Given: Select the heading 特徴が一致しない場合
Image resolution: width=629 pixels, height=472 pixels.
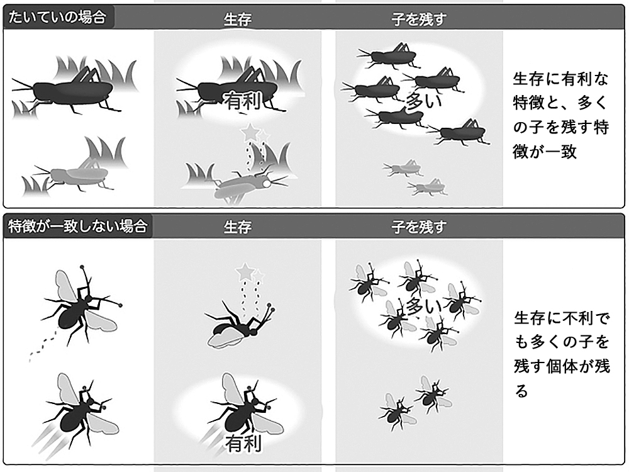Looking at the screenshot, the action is click(x=77, y=226).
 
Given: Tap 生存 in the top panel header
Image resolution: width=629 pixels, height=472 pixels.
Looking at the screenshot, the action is click(x=238, y=19).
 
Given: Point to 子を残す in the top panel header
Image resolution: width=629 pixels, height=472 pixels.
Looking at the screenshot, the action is click(x=419, y=19).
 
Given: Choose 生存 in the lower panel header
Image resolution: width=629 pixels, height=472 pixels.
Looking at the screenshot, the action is click(x=238, y=227).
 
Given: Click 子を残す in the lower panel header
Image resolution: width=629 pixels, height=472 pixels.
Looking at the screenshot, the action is click(x=419, y=227).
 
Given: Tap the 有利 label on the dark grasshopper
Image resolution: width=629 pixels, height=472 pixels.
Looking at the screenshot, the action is click(x=243, y=100).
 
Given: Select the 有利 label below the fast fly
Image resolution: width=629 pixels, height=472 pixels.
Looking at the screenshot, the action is click(x=243, y=443).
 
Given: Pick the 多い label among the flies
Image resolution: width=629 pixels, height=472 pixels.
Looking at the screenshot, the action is click(x=423, y=306).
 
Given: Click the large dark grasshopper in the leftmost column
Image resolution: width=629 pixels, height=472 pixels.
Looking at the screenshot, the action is click(x=66, y=90).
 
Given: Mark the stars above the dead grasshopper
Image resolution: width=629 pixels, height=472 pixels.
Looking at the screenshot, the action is click(x=255, y=132).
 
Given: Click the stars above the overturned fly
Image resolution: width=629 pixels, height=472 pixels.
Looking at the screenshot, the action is click(x=250, y=273).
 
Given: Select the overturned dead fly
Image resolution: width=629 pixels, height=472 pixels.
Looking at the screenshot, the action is click(x=238, y=326).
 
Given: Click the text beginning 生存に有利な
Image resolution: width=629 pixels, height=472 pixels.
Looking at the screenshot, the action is click(x=561, y=115).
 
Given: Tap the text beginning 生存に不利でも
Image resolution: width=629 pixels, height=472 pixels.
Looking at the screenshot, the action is click(x=562, y=354).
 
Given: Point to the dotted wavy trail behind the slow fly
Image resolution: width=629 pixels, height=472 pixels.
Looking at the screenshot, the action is click(x=43, y=347).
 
